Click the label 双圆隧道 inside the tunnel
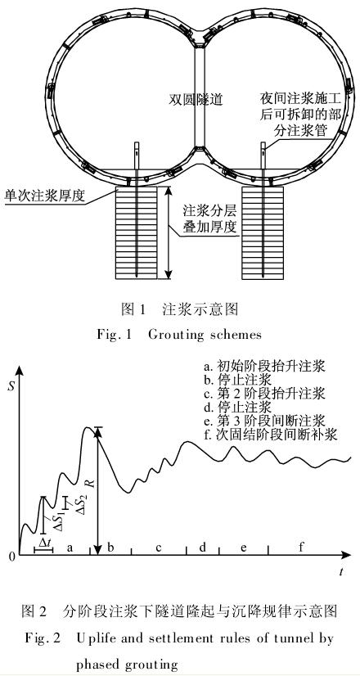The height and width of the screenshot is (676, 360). click(196, 100)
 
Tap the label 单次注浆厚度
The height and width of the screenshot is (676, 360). click(43, 196)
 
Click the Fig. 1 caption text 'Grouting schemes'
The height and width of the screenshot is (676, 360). click(205, 335)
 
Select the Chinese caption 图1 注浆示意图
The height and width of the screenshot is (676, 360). click(180, 309)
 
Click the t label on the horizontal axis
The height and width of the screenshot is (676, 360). click(341, 572)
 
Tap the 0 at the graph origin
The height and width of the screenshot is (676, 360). click(12, 557)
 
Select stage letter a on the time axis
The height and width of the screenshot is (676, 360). click(70, 548)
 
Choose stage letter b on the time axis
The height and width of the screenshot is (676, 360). click(110, 547)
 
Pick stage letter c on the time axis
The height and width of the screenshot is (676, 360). click(159, 548)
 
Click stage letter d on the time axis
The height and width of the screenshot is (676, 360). click(202, 547)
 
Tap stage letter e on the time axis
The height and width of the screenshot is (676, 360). click(244, 548)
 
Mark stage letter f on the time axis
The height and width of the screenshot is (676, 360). click(301, 547)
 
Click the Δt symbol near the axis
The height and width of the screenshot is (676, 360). click(44, 543)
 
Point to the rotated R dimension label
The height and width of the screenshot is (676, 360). click(92, 483)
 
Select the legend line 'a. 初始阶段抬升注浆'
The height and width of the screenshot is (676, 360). click(264, 367)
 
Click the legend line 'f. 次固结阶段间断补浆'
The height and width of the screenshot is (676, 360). click(270, 434)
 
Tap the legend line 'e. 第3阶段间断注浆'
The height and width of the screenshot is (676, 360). click(264, 421)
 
